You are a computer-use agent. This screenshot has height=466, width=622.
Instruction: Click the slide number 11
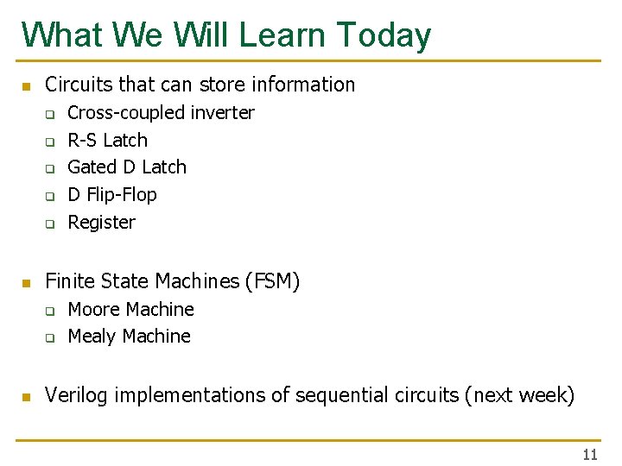point(590,455)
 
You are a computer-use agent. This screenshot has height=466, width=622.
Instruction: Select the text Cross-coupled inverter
point(161,112)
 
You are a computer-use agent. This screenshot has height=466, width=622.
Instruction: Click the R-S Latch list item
point(107,140)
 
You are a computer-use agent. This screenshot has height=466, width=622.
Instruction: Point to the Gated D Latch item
point(126,167)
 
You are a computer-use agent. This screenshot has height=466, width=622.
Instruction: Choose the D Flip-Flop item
point(112,194)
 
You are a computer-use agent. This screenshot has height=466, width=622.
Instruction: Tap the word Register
point(101,222)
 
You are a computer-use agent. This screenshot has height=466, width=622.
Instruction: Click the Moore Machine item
point(130,309)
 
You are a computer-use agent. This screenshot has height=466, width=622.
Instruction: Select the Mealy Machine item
point(129,336)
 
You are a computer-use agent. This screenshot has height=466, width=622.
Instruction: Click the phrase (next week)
point(519,395)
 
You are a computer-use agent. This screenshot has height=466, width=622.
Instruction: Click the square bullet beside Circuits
point(26,86)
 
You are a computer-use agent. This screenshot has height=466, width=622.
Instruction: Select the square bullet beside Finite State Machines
point(26,283)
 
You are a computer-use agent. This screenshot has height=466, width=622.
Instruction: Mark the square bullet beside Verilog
point(26,397)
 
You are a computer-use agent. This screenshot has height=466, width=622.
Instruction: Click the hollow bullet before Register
point(50,224)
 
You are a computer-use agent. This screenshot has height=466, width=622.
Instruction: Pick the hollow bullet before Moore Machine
point(50,311)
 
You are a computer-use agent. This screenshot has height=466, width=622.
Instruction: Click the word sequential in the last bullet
point(344,395)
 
